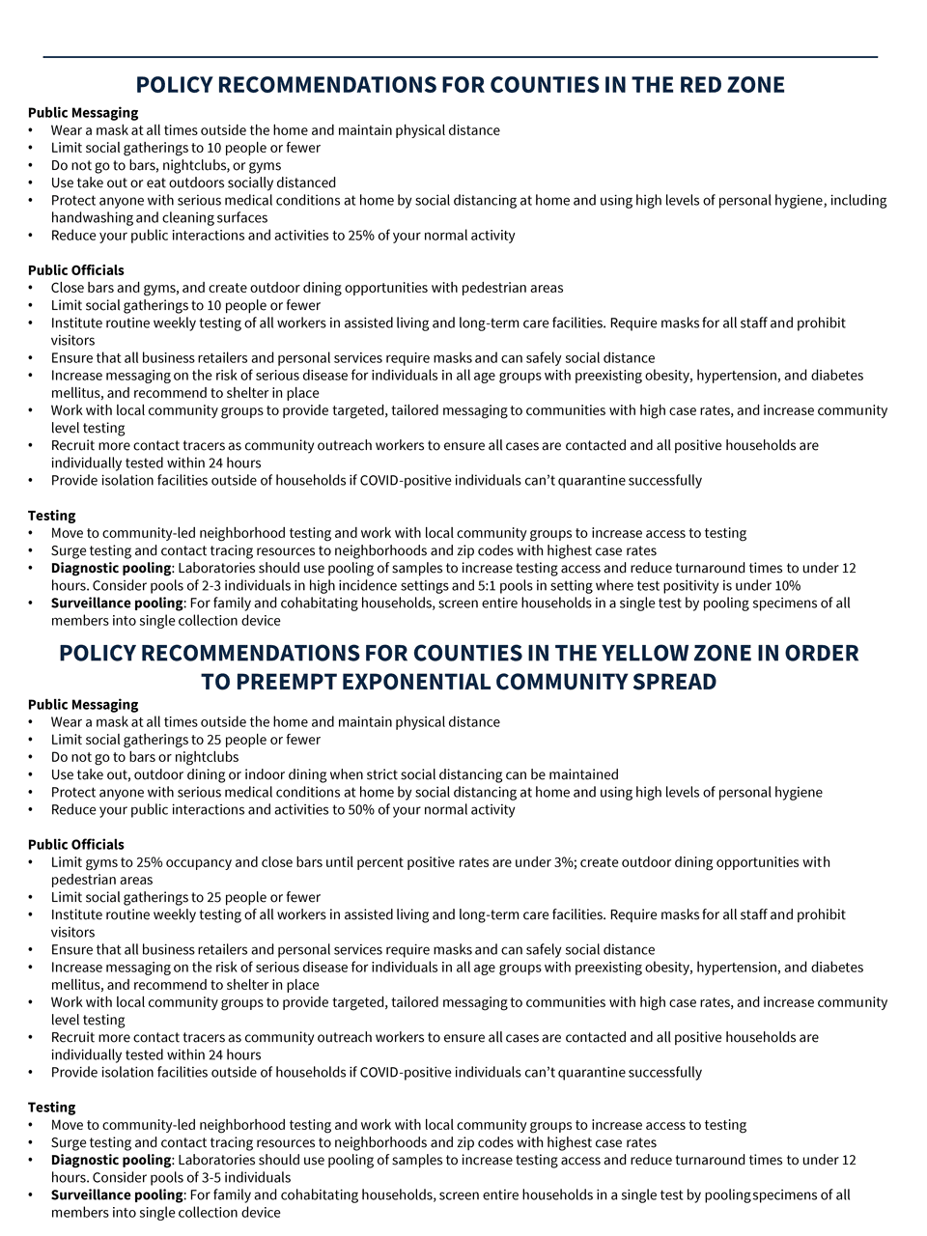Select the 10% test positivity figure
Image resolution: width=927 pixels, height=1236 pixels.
coord(785,586)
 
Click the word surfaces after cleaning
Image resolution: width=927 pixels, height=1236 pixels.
coord(242,218)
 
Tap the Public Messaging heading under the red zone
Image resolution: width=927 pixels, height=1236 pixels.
coord(83,113)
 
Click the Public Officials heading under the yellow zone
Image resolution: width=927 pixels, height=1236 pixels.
coord(76,845)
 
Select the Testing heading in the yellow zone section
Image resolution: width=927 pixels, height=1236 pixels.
coord(52,1108)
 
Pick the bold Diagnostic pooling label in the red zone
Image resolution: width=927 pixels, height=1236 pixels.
coord(111,569)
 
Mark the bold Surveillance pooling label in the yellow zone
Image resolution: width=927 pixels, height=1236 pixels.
coord(117,1195)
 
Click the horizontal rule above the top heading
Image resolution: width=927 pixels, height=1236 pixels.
coord(461,57)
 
